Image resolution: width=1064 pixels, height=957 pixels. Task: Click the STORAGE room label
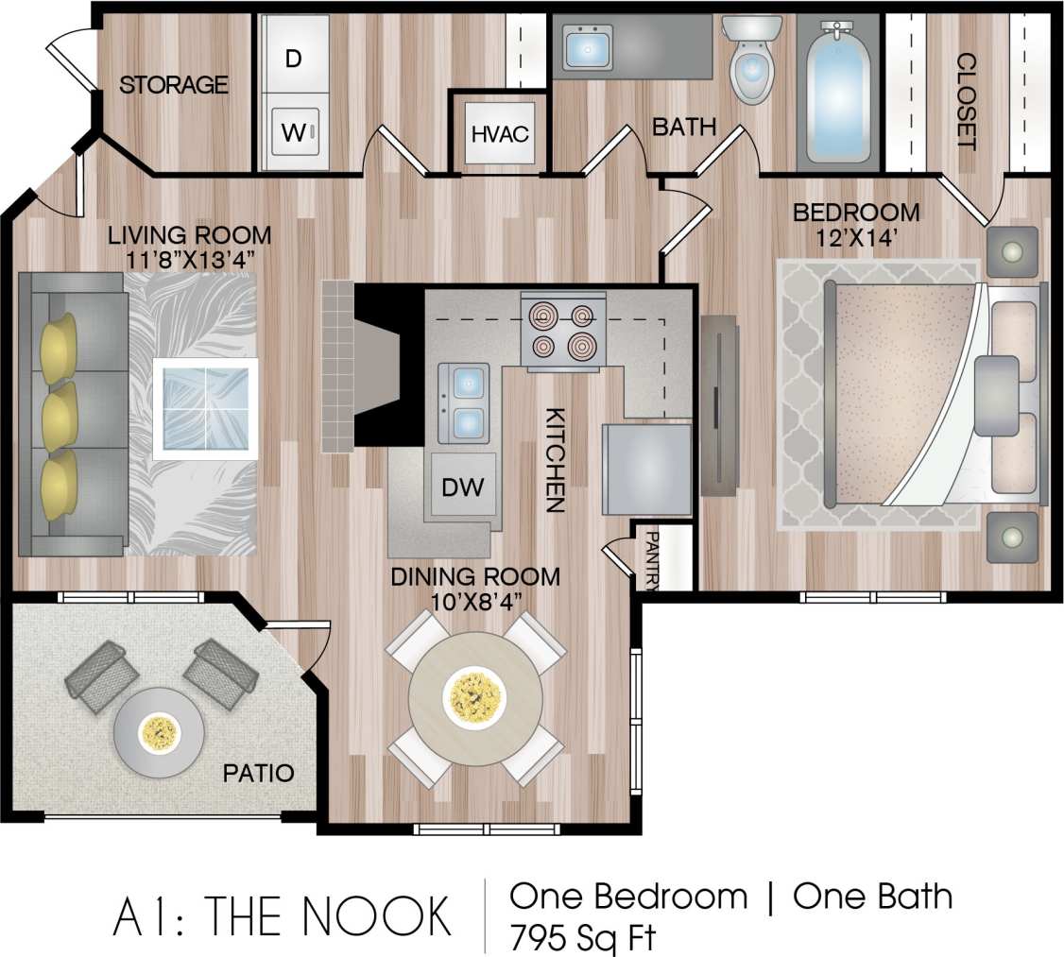pos(174,85)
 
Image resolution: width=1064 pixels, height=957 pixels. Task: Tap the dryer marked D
pos(293,58)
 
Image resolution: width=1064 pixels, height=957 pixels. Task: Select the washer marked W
pos(294,132)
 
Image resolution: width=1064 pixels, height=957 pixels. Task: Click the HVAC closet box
pos(500,133)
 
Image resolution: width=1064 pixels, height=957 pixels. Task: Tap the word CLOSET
pos(966,101)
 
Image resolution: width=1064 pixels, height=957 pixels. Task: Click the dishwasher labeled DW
pos(463,487)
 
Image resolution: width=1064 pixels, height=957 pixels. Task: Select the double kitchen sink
pos(463,402)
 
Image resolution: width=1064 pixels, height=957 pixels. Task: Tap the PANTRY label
pos(652,560)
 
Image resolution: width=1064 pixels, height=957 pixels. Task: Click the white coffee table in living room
pos(205,408)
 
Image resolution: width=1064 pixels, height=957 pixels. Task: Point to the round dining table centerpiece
pos(475,697)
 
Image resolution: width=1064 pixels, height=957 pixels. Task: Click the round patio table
pos(159,731)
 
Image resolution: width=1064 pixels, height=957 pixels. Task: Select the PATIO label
pos(258,774)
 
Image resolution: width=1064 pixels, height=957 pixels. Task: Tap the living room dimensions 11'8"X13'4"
pos(189,247)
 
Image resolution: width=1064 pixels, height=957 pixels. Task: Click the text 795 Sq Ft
pos(582,938)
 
